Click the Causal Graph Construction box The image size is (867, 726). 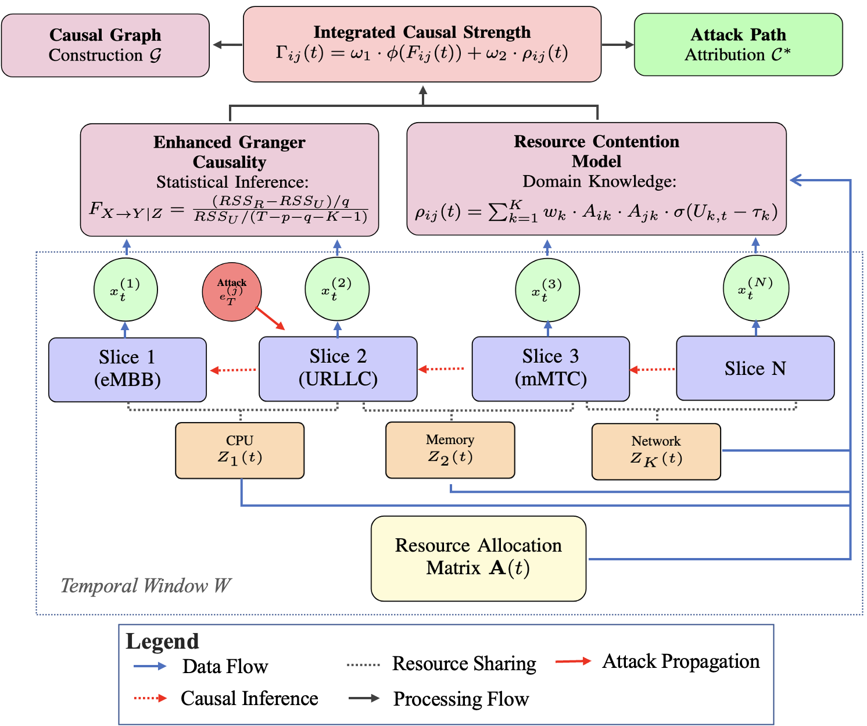point(105,45)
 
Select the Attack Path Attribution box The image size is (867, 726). point(738,45)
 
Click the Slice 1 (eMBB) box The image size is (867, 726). point(127,369)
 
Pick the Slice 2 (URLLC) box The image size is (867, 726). point(338,369)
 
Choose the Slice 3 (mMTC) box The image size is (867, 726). point(550,369)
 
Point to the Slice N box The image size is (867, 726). point(755,368)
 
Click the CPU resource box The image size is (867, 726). point(239,450)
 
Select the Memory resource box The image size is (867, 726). point(450,450)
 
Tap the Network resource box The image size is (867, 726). point(655,451)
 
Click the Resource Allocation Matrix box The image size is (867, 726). point(478,558)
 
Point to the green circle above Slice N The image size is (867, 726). point(755,289)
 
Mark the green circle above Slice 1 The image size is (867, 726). point(126,289)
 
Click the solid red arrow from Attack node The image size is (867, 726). point(270,318)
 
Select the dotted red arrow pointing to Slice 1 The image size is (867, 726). point(232,370)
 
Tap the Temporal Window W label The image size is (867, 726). point(146,585)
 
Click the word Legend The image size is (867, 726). point(163,641)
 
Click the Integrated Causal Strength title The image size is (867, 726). point(422,32)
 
